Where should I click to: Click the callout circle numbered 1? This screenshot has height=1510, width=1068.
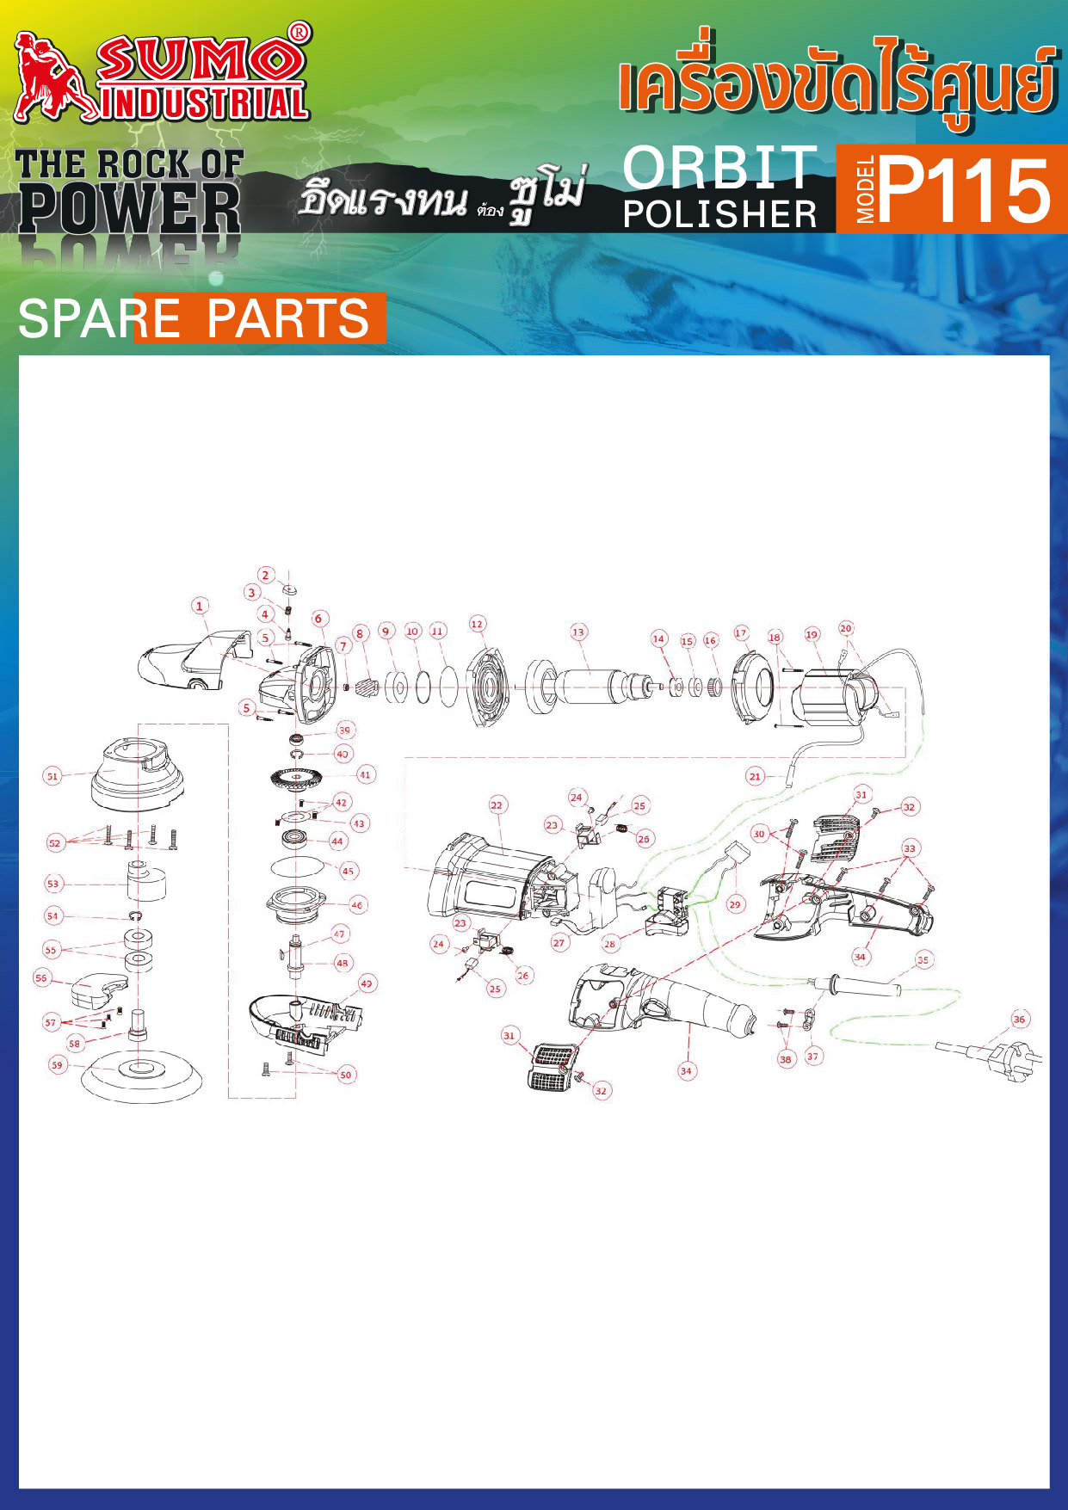click(x=200, y=606)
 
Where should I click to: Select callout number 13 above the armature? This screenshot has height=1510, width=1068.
click(x=578, y=632)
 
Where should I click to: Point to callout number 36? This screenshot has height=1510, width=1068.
click(x=1020, y=1020)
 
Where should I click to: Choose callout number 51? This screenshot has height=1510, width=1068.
click(x=52, y=776)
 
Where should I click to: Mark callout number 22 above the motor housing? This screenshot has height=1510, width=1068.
click(x=497, y=805)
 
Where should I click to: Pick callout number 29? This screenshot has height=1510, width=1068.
click(x=734, y=904)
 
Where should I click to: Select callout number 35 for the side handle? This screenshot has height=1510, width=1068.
click(x=923, y=959)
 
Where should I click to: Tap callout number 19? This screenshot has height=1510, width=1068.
click(x=812, y=635)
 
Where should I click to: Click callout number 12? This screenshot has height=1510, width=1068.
click(x=477, y=624)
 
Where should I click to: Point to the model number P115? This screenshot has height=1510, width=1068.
click(x=965, y=190)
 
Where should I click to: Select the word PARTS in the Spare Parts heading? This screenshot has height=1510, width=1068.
click(x=287, y=318)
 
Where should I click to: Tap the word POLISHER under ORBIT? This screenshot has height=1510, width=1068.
click(x=720, y=214)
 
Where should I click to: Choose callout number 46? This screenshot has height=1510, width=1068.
click(x=357, y=904)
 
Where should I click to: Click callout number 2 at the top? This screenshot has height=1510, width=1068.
click(x=266, y=575)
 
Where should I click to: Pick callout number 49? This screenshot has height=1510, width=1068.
click(x=367, y=983)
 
